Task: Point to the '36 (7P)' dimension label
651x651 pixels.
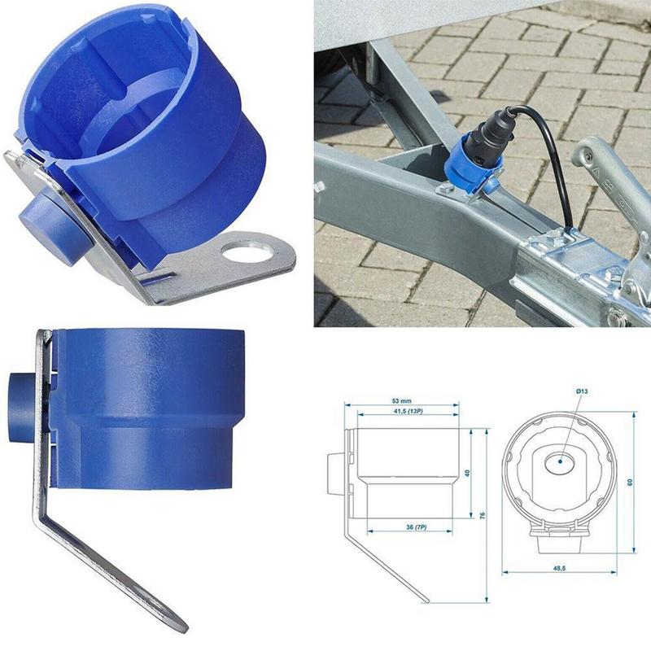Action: [415, 527]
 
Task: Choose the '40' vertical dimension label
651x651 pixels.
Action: [468, 473]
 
